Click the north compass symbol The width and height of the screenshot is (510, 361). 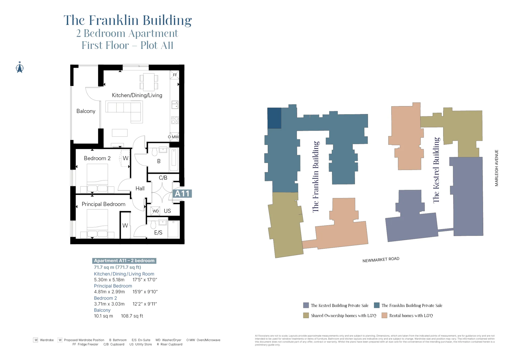pos(20,68)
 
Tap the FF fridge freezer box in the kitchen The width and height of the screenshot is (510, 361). pos(175,75)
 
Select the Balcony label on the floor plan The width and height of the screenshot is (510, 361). pos(86,111)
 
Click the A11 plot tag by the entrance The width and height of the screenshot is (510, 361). pos(182,194)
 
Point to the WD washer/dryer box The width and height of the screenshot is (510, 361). pos(156,211)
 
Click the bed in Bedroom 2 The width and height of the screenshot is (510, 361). pos(97,178)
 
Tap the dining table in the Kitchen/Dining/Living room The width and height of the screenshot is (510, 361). pos(149,82)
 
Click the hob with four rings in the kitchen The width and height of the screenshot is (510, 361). pos(175,120)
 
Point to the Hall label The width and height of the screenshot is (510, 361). pos(140,189)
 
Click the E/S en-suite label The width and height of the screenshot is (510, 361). pos(158,233)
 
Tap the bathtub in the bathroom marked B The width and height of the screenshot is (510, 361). pos(174,160)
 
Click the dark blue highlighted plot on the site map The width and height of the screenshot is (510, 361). pos(274,118)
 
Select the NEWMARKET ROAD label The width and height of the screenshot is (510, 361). pos(381,259)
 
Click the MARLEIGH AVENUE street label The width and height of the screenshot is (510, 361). pos(496,168)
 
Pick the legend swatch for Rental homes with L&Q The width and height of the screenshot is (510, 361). pos(384,316)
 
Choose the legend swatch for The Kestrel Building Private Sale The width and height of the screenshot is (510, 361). pos(306,305)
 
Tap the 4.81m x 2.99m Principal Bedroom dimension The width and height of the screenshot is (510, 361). pos(109,292)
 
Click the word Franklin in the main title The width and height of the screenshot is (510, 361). pos(113,20)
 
